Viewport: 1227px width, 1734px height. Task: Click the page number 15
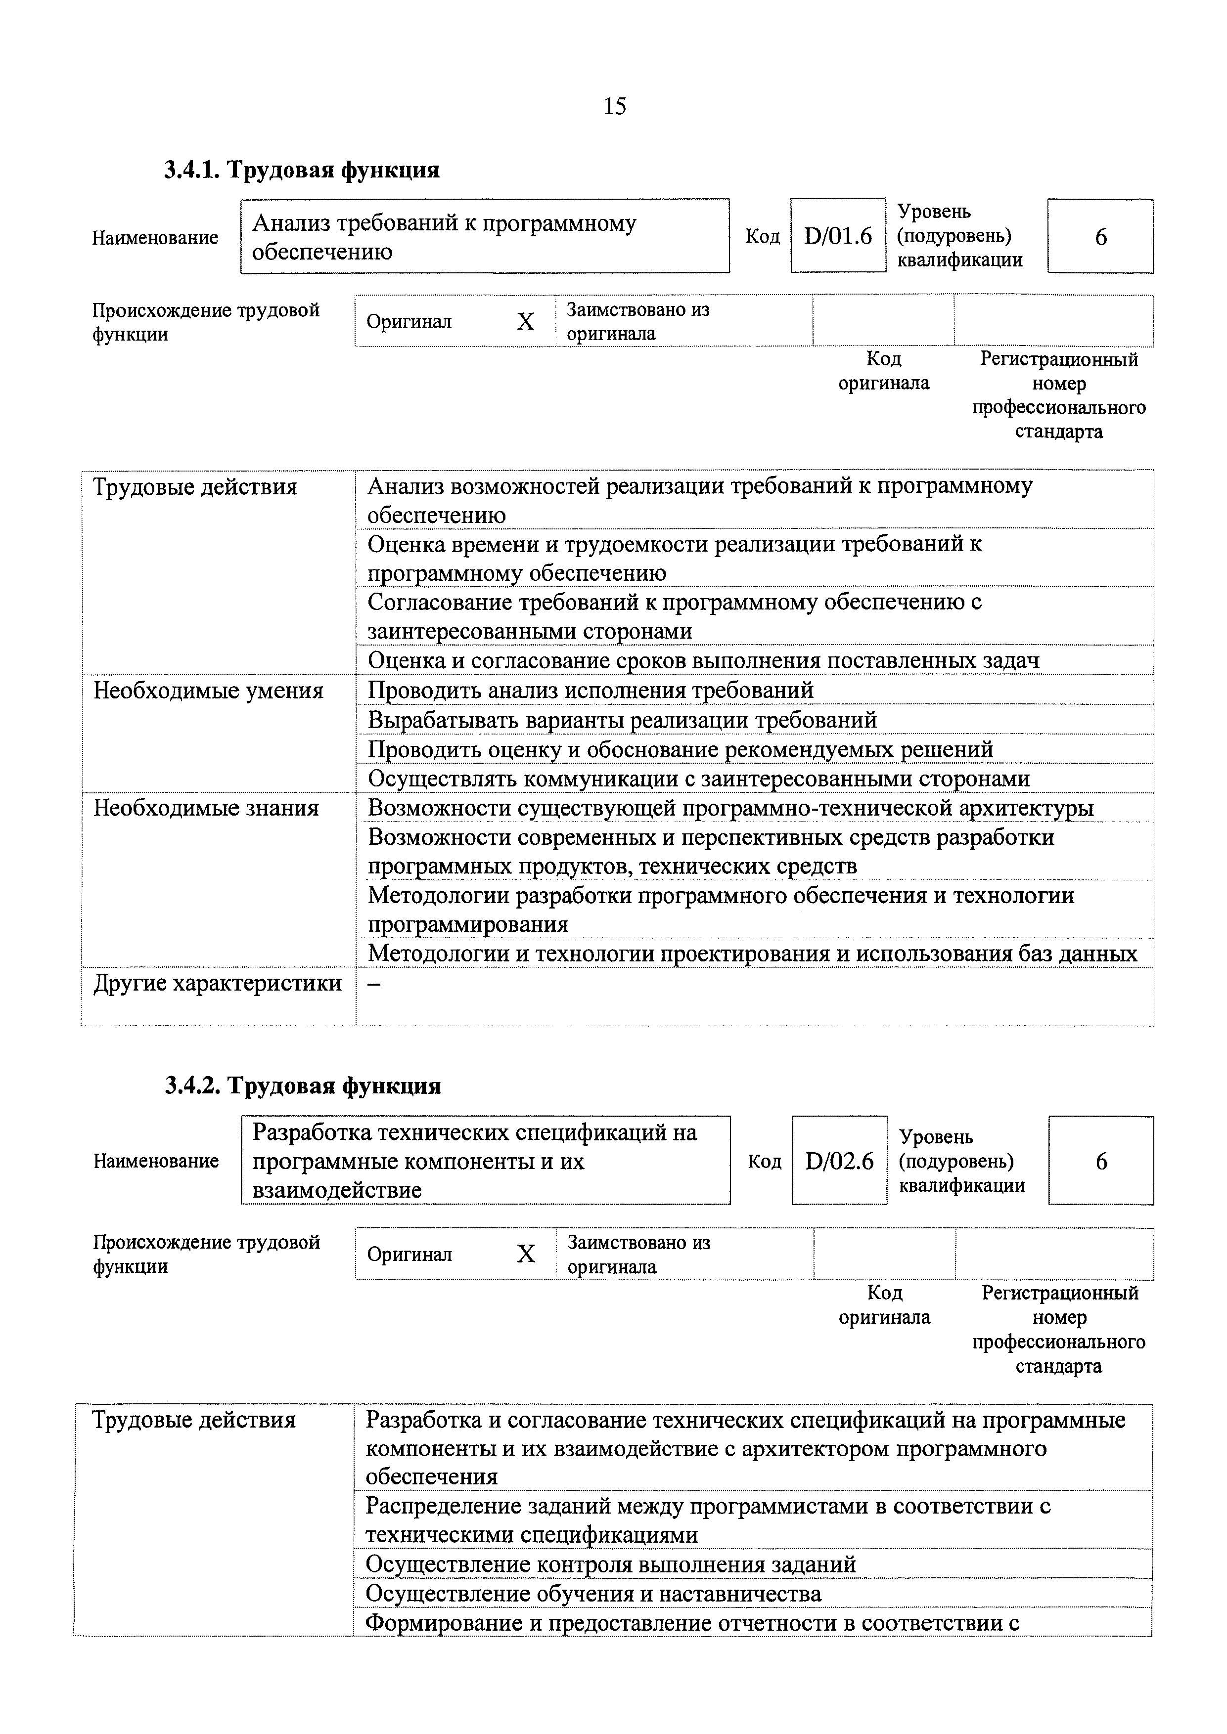click(x=614, y=106)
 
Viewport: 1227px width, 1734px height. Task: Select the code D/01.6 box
click(x=837, y=236)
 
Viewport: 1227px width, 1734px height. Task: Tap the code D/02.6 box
click(x=839, y=1161)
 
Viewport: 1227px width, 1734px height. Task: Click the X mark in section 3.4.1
click(x=525, y=322)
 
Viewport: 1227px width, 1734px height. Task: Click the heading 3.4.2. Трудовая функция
click(x=302, y=1086)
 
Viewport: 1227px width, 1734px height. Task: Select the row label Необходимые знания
click(x=206, y=809)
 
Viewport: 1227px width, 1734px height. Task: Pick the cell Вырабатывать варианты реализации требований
click(x=622, y=720)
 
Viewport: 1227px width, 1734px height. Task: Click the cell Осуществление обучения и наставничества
click(x=593, y=1594)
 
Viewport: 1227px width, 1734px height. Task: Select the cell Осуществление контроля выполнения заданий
click(x=610, y=1564)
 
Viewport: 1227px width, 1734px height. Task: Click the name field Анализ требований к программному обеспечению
click(x=484, y=236)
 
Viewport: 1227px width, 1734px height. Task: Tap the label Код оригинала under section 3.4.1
click(x=883, y=371)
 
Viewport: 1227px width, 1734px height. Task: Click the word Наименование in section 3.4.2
click(x=156, y=1161)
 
